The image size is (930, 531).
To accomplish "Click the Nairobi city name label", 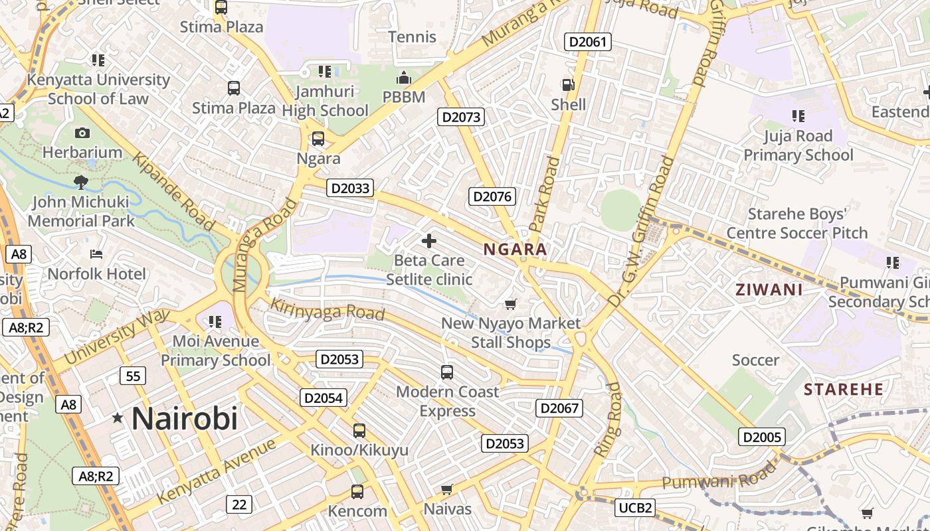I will [x=184, y=419].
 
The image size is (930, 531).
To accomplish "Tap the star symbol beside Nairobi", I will [x=118, y=417].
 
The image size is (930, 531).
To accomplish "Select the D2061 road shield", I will [x=587, y=42].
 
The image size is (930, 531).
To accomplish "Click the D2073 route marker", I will [x=461, y=117].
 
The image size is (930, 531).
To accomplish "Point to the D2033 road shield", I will [x=350, y=188].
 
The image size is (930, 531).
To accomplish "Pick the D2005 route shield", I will [x=761, y=437].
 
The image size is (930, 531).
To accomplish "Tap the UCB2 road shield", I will [x=635, y=508].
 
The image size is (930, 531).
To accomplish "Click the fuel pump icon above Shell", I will [x=568, y=85].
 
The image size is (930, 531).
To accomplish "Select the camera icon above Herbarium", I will [x=82, y=133].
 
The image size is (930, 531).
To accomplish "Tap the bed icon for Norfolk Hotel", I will [x=96, y=254].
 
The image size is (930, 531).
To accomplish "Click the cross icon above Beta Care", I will [x=429, y=241].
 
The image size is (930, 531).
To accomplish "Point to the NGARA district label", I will [x=515, y=250].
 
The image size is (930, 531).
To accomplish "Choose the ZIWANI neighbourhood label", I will [x=769, y=289].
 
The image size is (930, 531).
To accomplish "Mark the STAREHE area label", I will [x=844, y=389].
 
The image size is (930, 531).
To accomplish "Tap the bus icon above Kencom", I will [x=357, y=492].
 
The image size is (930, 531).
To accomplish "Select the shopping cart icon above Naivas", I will [x=447, y=490].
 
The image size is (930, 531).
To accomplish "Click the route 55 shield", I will [x=133, y=376].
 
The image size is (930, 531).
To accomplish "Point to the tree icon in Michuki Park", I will [x=81, y=181].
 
